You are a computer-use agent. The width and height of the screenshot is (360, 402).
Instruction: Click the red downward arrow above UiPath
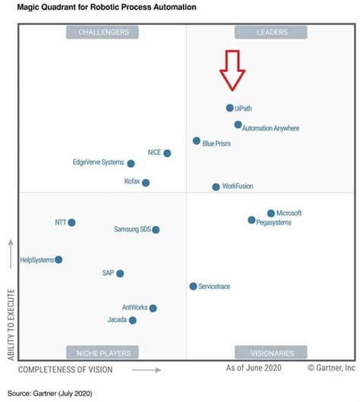(232, 70)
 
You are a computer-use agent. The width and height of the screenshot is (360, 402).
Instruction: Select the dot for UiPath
(229, 108)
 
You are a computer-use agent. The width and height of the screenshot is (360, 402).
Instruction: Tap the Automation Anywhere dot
(238, 124)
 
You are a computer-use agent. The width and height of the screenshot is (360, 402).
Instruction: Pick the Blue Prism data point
(196, 141)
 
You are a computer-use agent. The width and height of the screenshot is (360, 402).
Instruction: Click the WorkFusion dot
(216, 187)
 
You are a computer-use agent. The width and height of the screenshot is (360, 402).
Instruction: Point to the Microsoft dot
(270, 214)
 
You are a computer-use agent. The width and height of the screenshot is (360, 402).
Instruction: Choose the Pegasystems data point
(251, 220)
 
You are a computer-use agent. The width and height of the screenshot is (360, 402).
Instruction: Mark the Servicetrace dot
(193, 286)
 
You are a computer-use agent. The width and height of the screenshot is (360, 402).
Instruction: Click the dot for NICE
(167, 153)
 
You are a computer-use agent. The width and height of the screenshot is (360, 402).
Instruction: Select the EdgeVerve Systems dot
(131, 163)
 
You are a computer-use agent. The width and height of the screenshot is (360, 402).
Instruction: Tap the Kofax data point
(146, 183)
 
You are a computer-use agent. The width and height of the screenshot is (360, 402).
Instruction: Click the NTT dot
(71, 223)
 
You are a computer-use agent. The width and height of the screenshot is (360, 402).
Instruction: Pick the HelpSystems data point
(58, 259)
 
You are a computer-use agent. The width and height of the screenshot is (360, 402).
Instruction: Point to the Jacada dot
(133, 321)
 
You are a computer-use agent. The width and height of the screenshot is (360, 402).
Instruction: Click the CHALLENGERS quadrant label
(103, 32)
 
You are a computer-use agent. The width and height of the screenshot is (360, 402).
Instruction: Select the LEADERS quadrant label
(270, 32)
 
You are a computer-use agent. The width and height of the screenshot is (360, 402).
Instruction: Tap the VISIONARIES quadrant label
(270, 353)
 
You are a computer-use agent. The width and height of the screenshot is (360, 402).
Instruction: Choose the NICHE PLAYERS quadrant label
(103, 353)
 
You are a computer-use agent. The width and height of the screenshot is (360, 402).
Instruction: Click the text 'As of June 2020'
(254, 368)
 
